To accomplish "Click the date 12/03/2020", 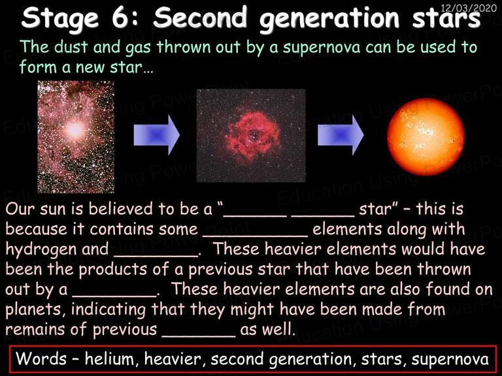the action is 469,7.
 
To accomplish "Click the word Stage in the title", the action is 60,18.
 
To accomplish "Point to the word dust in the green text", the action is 71,47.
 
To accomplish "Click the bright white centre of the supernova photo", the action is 76,129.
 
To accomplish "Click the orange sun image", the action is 426,137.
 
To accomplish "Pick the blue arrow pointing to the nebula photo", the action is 157,135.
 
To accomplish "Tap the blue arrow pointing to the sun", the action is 341,135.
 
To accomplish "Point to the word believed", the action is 121,209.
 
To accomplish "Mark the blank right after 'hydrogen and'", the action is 156,255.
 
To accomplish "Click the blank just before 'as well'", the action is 199,335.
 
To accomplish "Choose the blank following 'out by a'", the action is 114,295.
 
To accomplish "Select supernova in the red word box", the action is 450,359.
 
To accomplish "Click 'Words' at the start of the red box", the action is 41,358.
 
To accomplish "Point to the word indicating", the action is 109,309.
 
